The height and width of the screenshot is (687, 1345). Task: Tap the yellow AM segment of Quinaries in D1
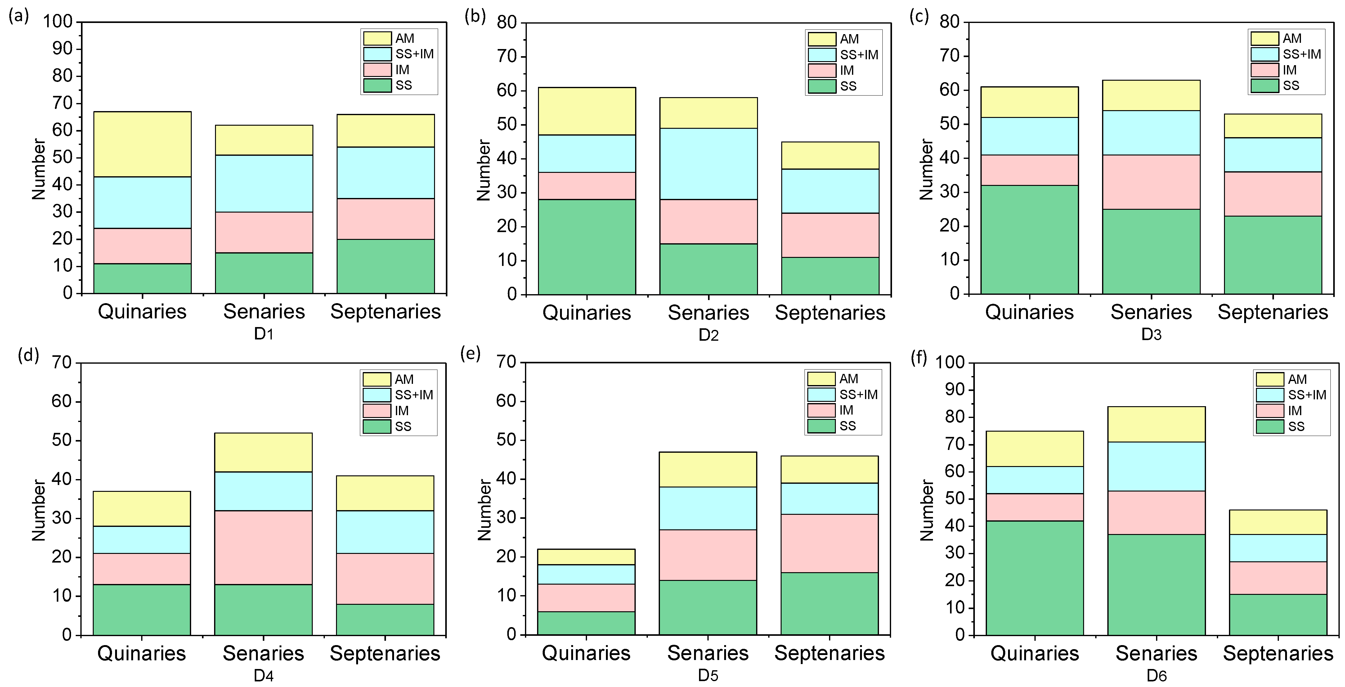click(x=142, y=144)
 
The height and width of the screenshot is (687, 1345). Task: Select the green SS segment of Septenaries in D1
click(x=385, y=266)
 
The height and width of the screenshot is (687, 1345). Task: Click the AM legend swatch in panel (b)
click(x=822, y=39)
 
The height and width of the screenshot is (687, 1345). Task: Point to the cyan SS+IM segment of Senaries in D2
click(x=709, y=164)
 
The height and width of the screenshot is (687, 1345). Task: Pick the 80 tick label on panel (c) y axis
click(x=949, y=22)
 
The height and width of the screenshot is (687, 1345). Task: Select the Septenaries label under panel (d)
click(x=385, y=653)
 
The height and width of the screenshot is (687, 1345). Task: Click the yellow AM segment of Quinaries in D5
click(x=586, y=556)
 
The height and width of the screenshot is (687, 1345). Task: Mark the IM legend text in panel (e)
click(x=846, y=410)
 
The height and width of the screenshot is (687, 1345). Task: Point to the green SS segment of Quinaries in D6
click(x=1034, y=577)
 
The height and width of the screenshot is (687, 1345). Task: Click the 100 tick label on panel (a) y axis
click(x=57, y=22)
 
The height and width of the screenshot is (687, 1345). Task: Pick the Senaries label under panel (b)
click(x=709, y=313)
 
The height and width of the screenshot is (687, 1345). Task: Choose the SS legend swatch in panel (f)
click(x=1269, y=426)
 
